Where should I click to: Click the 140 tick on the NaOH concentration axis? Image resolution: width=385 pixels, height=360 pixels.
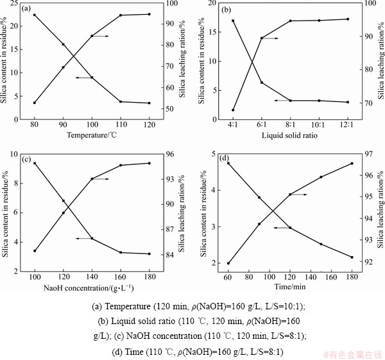92,277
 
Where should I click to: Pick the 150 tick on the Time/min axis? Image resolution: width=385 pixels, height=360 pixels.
321,277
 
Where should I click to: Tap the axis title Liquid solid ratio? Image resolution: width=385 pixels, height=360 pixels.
289,135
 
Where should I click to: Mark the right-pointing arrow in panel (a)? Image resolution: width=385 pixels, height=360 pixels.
100,37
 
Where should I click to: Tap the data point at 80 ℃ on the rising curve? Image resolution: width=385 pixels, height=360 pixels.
34,103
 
